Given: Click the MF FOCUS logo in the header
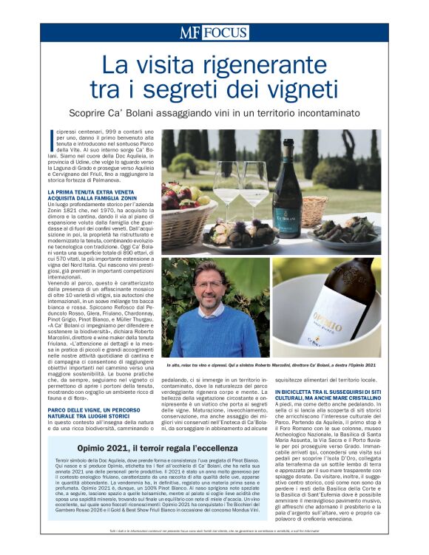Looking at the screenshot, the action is pyautogui.click(x=213, y=33).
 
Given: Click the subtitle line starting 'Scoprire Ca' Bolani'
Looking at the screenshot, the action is pyautogui.click(x=214, y=113).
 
